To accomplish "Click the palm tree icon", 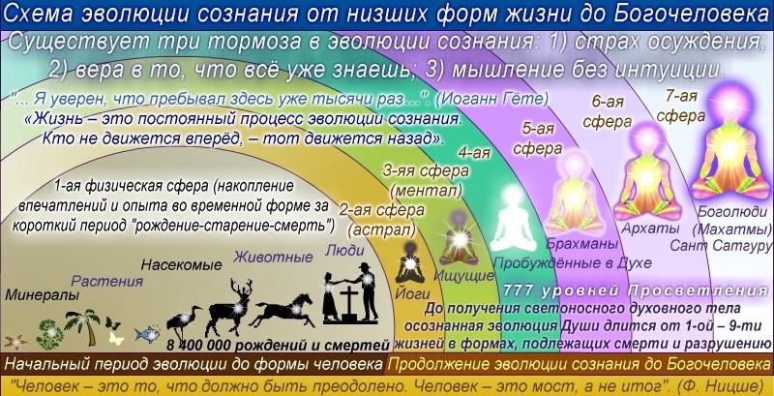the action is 82,327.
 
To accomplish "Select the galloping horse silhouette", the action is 283,310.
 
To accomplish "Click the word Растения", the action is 107,282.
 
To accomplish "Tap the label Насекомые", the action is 181,265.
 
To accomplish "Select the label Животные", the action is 273,257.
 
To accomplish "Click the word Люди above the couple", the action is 344,250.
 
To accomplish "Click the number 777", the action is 520,290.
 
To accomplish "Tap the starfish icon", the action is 15,341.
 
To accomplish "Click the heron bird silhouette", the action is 184,323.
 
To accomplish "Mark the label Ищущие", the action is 464,276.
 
